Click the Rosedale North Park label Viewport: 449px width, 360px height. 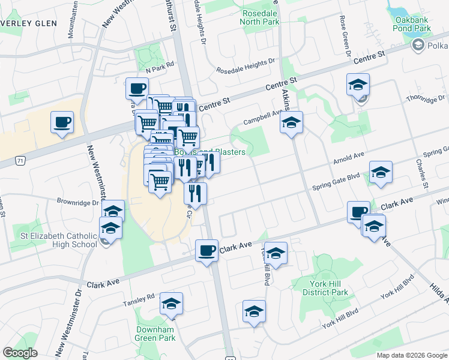[260, 17]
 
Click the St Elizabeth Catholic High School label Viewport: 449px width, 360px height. [59, 239]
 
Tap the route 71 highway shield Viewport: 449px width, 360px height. [20, 161]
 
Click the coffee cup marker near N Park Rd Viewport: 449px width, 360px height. [137, 89]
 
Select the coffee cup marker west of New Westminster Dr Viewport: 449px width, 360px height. [62, 122]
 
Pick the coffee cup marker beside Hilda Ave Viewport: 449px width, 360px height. [359, 212]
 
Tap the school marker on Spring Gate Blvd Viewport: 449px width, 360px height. [381, 173]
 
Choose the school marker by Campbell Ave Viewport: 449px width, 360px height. [292, 123]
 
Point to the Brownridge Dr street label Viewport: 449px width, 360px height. [77, 202]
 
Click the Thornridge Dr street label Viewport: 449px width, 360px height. [426, 98]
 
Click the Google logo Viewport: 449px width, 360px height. [20, 353]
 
